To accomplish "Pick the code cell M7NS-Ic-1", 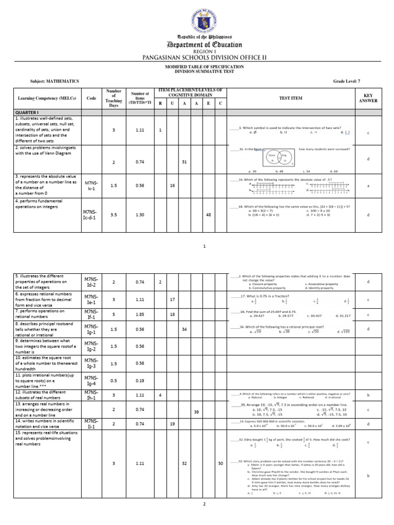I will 91,186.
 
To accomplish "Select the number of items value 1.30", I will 140,215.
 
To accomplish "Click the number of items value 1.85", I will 140,313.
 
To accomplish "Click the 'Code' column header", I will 91,98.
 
